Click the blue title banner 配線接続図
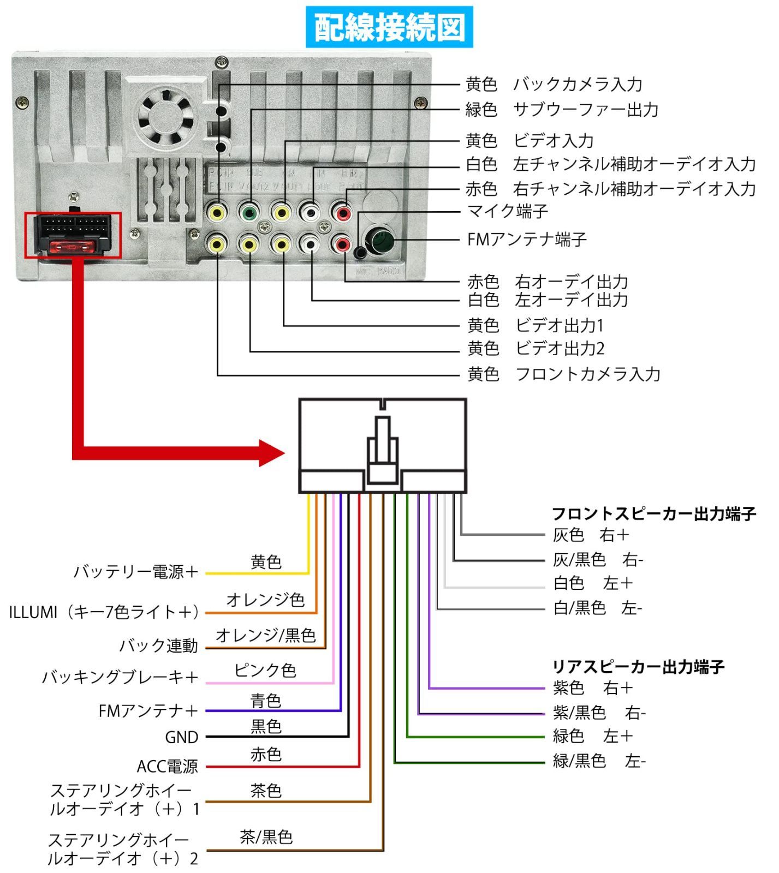(x=389, y=27)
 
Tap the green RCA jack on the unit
(x=249, y=212)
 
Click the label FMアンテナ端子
(x=526, y=240)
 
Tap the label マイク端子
(x=507, y=211)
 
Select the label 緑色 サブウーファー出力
(x=561, y=110)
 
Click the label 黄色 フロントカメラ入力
(x=563, y=374)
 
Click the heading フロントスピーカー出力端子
(x=653, y=513)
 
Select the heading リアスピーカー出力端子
(x=638, y=666)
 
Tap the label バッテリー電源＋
(x=135, y=572)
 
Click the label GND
(x=181, y=738)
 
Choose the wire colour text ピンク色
(x=265, y=670)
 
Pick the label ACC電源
(x=167, y=767)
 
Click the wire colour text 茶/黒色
(x=266, y=837)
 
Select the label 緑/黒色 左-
(x=598, y=761)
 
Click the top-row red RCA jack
(x=343, y=212)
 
